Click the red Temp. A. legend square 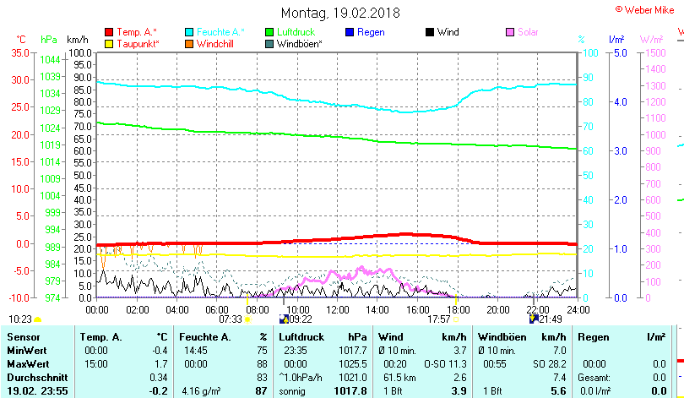(108, 32)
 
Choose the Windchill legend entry (215, 43)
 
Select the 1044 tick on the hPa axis (50, 59)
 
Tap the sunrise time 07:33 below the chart (231, 319)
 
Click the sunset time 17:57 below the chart (438, 319)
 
